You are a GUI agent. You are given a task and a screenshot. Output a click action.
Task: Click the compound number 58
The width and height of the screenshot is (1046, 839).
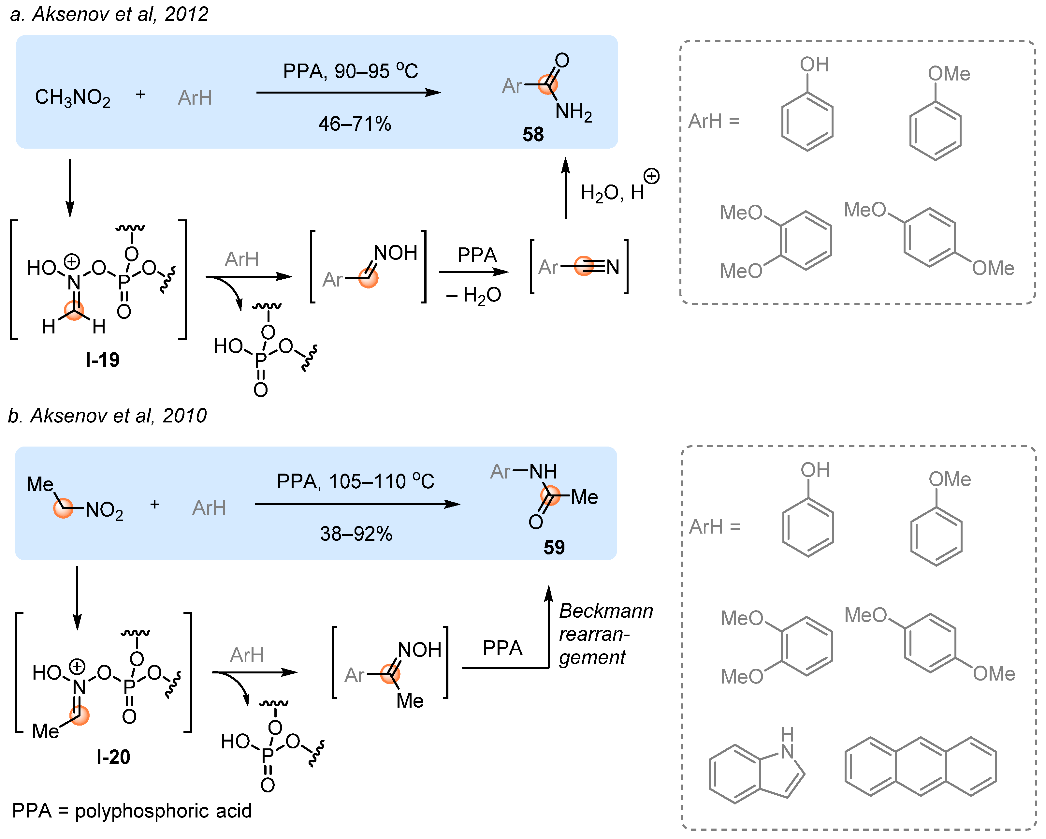(533, 134)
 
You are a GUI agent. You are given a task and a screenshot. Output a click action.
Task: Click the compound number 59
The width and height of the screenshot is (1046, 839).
(554, 547)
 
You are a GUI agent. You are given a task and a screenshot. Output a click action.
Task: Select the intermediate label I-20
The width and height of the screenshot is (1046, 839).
(113, 757)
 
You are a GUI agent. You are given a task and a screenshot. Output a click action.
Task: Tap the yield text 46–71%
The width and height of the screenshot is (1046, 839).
(355, 124)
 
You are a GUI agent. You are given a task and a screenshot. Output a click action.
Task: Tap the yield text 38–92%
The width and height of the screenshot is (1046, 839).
(356, 534)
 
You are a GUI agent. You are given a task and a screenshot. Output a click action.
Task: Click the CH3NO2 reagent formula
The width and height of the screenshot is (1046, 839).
(73, 97)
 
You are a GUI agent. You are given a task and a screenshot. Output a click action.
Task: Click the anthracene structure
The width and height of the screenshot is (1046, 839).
(920, 767)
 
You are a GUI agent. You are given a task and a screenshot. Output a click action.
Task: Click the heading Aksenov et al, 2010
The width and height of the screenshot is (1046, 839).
(108, 416)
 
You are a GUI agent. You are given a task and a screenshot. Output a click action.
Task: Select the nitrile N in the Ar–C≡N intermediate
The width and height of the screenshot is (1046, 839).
(613, 267)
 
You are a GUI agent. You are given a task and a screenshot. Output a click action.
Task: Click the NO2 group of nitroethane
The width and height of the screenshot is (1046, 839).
(104, 510)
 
